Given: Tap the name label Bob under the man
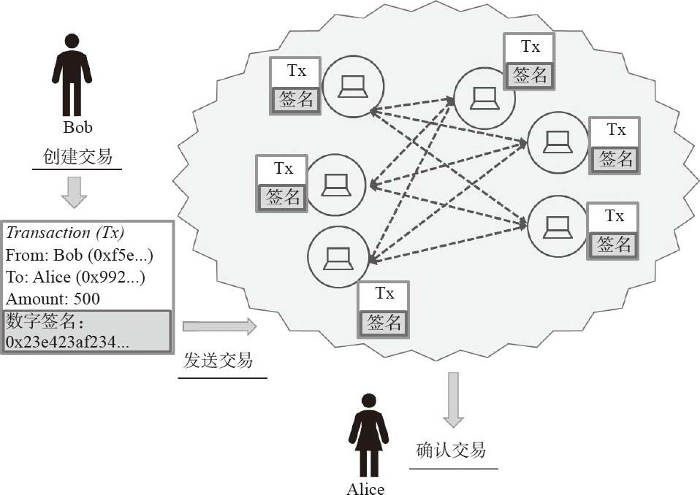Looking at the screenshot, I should (77, 127).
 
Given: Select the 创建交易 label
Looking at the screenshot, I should (77, 156).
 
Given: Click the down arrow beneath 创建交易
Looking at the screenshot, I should (74, 191).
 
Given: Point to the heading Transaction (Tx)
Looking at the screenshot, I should (65, 233).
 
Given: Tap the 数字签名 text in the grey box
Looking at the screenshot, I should (35, 321).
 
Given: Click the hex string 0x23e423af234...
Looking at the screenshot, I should (68, 342).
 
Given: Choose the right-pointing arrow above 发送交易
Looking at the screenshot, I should (220, 326).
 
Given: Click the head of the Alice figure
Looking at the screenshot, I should (369, 401).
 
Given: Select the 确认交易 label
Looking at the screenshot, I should (451, 450).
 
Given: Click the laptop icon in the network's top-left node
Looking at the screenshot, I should (352, 87).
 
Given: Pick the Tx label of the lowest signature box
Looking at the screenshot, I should (384, 293).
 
